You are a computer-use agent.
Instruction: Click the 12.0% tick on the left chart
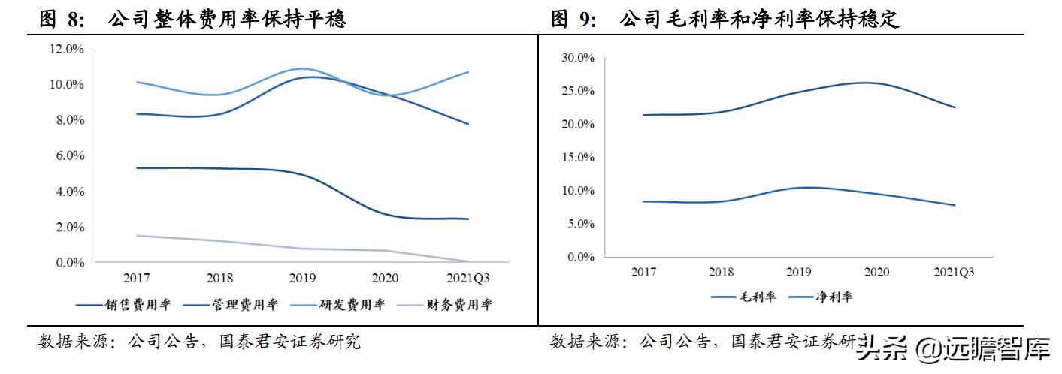point(66,49)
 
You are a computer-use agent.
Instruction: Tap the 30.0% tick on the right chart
point(578,58)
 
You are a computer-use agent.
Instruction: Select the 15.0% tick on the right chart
point(578,157)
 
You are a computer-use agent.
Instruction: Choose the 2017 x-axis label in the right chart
point(643,273)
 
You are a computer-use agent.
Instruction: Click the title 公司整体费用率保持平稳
point(226,20)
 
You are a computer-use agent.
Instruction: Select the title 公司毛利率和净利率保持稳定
point(760,20)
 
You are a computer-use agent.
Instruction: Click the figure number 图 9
point(574,20)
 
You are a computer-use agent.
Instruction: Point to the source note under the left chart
point(199,342)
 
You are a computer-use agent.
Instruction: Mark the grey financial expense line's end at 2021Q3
point(468,261)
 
